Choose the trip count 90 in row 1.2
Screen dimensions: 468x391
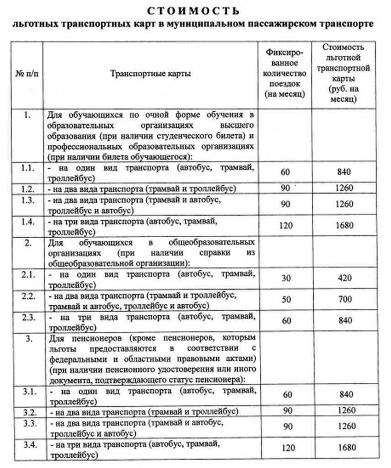(286, 188)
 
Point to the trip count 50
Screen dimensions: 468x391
(286, 300)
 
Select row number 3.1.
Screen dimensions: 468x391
(27, 392)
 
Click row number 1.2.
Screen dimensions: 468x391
(27, 188)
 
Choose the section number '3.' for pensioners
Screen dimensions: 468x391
(27, 338)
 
